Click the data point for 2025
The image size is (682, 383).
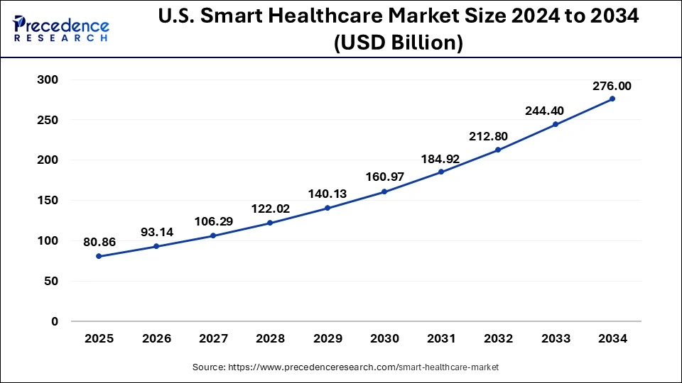pyautogui.click(x=99, y=256)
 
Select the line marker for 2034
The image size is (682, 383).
pyautogui.click(x=612, y=99)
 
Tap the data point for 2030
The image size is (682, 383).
pyautogui.click(x=384, y=191)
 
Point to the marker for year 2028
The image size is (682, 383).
pyautogui.click(x=270, y=223)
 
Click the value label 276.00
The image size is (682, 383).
pyautogui.click(x=612, y=86)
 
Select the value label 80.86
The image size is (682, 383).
pyautogui.click(x=99, y=243)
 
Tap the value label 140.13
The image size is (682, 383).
pyautogui.click(x=328, y=194)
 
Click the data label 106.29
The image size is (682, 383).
pyautogui.click(x=213, y=221)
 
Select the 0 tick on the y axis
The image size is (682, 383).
pyautogui.click(x=54, y=321)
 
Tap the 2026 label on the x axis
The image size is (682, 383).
pyautogui.click(x=156, y=339)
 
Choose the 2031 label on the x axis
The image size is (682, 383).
pyautogui.click(x=441, y=339)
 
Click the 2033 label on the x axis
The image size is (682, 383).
pyautogui.click(x=556, y=339)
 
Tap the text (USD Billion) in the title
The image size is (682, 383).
pyautogui.click(x=398, y=44)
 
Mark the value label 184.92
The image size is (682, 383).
pyautogui.click(x=441, y=157)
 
